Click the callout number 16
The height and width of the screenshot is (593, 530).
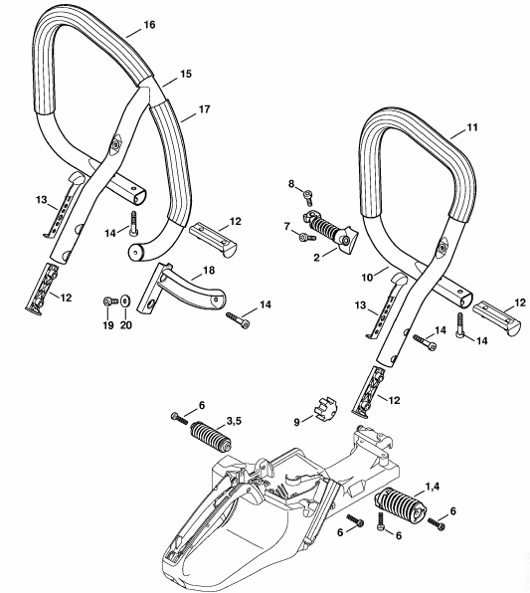pos(149,25)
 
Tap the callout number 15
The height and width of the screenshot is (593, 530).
pos(186,74)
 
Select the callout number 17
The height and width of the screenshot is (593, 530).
pos(204,109)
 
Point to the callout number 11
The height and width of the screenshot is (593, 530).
pos(472,127)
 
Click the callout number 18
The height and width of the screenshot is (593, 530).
pos(209,270)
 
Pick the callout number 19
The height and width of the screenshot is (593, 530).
pos(108,325)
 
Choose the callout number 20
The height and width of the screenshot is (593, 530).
pos(126,325)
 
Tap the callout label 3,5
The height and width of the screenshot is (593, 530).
pos(234,421)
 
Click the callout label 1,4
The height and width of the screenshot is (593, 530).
pos(433,487)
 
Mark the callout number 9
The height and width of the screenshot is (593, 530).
pos(296,422)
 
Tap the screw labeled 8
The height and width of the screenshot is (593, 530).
pos(307,197)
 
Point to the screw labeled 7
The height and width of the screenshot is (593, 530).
pos(307,238)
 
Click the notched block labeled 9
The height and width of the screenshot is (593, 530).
pos(326,406)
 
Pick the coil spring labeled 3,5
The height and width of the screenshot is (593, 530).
pos(211,435)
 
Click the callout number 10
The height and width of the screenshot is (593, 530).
pos(367,278)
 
